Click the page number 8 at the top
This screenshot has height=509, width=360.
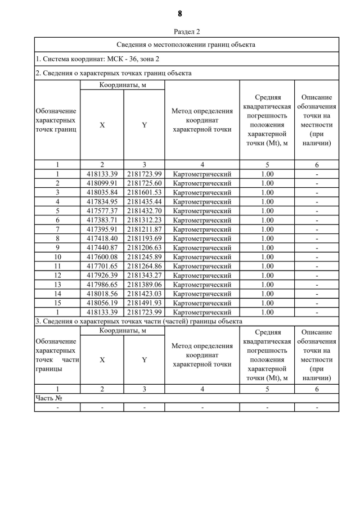click(x=180, y=13)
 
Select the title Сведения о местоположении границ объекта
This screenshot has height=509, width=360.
click(x=186, y=44)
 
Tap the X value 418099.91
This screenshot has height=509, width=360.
click(x=102, y=183)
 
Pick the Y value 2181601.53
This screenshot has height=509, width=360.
click(x=145, y=192)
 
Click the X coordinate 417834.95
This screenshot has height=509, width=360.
click(x=102, y=201)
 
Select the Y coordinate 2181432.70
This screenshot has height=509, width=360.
click(x=145, y=211)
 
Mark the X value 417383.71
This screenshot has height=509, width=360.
click(x=102, y=220)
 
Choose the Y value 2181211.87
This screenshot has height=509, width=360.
click(x=145, y=229)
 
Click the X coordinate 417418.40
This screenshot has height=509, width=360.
click(x=102, y=238)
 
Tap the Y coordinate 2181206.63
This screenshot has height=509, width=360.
click(x=145, y=247)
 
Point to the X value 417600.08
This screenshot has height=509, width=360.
click(x=102, y=257)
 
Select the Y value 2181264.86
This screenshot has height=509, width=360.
click(x=145, y=266)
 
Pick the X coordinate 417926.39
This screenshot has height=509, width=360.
click(x=102, y=275)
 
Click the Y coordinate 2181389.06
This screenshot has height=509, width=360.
click(x=145, y=285)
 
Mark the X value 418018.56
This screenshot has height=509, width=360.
click(x=102, y=294)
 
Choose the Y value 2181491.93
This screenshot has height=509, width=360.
click(x=145, y=303)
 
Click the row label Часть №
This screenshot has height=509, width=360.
click(x=48, y=398)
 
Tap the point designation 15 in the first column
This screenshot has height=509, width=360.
click(x=57, y=303)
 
